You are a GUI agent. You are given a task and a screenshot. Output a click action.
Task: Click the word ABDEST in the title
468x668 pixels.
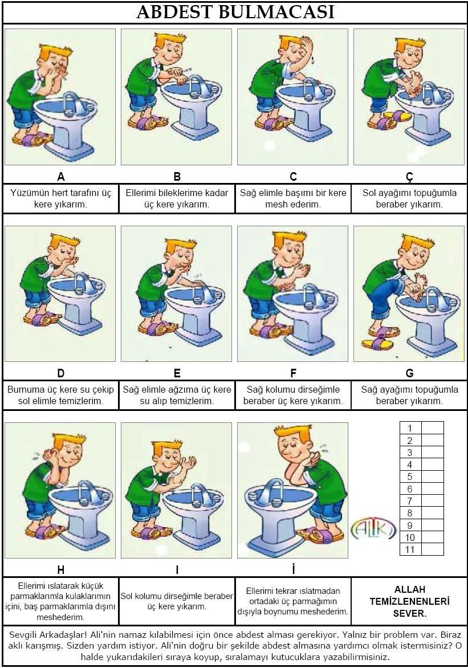pos(175,13)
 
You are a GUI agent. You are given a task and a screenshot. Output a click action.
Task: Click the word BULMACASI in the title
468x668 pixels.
pos(276,13)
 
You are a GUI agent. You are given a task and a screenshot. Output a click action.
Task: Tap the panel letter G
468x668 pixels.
pos(409,373)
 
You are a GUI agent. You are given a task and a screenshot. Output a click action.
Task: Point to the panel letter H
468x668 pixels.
pos(60,570)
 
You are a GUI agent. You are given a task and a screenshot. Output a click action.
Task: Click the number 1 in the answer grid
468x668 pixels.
pos(410,428)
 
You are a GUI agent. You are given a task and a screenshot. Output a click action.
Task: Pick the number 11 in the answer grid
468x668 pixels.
pos(410,549)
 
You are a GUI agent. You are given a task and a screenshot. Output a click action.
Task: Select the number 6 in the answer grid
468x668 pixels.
pos(410,488)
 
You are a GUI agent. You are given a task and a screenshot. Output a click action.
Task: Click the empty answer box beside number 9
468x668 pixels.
pos(432,525)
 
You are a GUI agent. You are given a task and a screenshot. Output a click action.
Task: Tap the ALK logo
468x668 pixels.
pos(374,529)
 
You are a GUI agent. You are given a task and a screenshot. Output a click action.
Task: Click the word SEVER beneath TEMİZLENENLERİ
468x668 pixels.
pos(410,613)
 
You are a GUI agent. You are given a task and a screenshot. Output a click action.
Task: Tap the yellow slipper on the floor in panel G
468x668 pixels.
pos(377,343)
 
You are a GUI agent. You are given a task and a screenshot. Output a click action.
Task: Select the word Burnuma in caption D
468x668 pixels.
pos(26,389)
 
